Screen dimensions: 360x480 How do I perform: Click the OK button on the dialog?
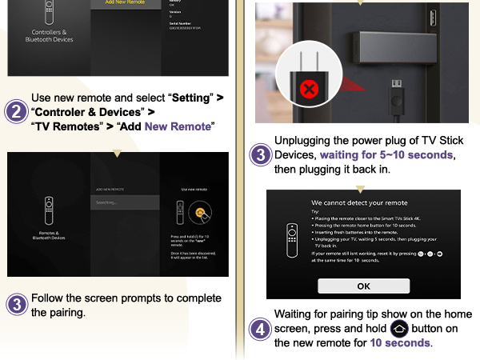tap(363, 286)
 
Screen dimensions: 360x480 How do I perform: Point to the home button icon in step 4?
tap(399, 329)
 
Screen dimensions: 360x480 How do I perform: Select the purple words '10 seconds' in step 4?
tap(400, 343)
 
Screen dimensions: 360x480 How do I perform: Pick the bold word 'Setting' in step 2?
tap(190, 98)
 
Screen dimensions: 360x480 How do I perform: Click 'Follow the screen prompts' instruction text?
tap(126, 298)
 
